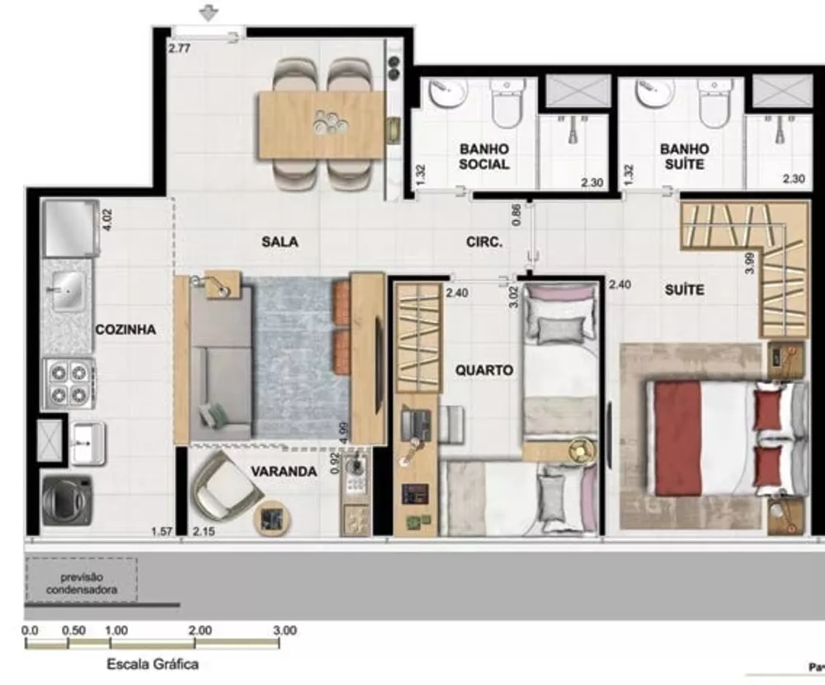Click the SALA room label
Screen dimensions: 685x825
pos(280,242)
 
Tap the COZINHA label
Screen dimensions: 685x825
pos(125,330)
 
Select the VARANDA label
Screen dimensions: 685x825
pos(284,472)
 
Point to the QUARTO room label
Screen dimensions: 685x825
pos(484,371)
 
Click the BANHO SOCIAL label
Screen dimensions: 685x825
pos(484,157)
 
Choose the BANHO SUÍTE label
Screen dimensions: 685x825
pos(684,157)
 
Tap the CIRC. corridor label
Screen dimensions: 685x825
pos(484,243)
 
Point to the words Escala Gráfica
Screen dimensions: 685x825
pos(153,664)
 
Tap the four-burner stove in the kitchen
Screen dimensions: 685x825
pos(69,382)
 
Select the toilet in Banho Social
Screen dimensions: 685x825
pos(506,98)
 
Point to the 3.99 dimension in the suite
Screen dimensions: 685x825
pos(747,262)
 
